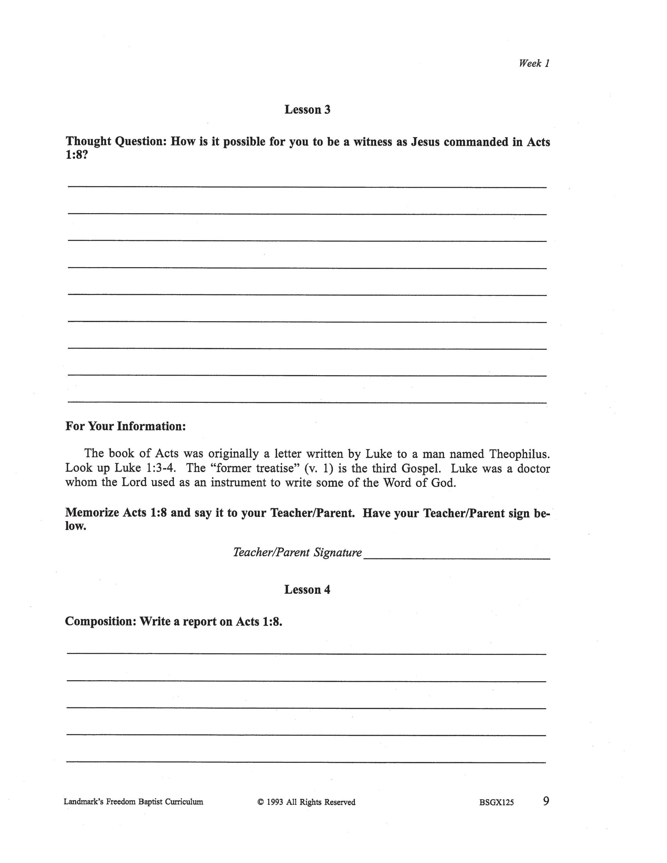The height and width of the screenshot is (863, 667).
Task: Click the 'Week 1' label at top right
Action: [x=534, y=64]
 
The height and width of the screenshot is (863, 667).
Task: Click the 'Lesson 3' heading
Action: [x=307, y=110]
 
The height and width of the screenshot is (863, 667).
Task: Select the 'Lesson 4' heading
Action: [x=307, y=590]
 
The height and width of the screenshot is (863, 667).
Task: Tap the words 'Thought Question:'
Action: [x=116, y=142]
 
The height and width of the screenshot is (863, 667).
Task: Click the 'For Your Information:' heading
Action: [x=126, y=426]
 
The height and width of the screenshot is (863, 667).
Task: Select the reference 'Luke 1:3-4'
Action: [x=145, y=468]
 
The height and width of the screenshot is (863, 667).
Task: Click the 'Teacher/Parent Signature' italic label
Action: [x=297, y=552]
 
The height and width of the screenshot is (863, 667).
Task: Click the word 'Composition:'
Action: [x=100, y=622]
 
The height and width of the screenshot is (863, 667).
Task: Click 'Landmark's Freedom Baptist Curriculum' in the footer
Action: [x=133, y=802]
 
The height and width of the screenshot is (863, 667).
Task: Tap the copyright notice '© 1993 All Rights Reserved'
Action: [x=306, y=802]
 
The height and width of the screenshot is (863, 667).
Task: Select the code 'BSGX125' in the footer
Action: [x=496, y=803]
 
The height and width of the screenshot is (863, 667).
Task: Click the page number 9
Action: [x=546, y=801]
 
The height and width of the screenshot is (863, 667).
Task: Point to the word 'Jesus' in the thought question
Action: [x=425, y=142]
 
